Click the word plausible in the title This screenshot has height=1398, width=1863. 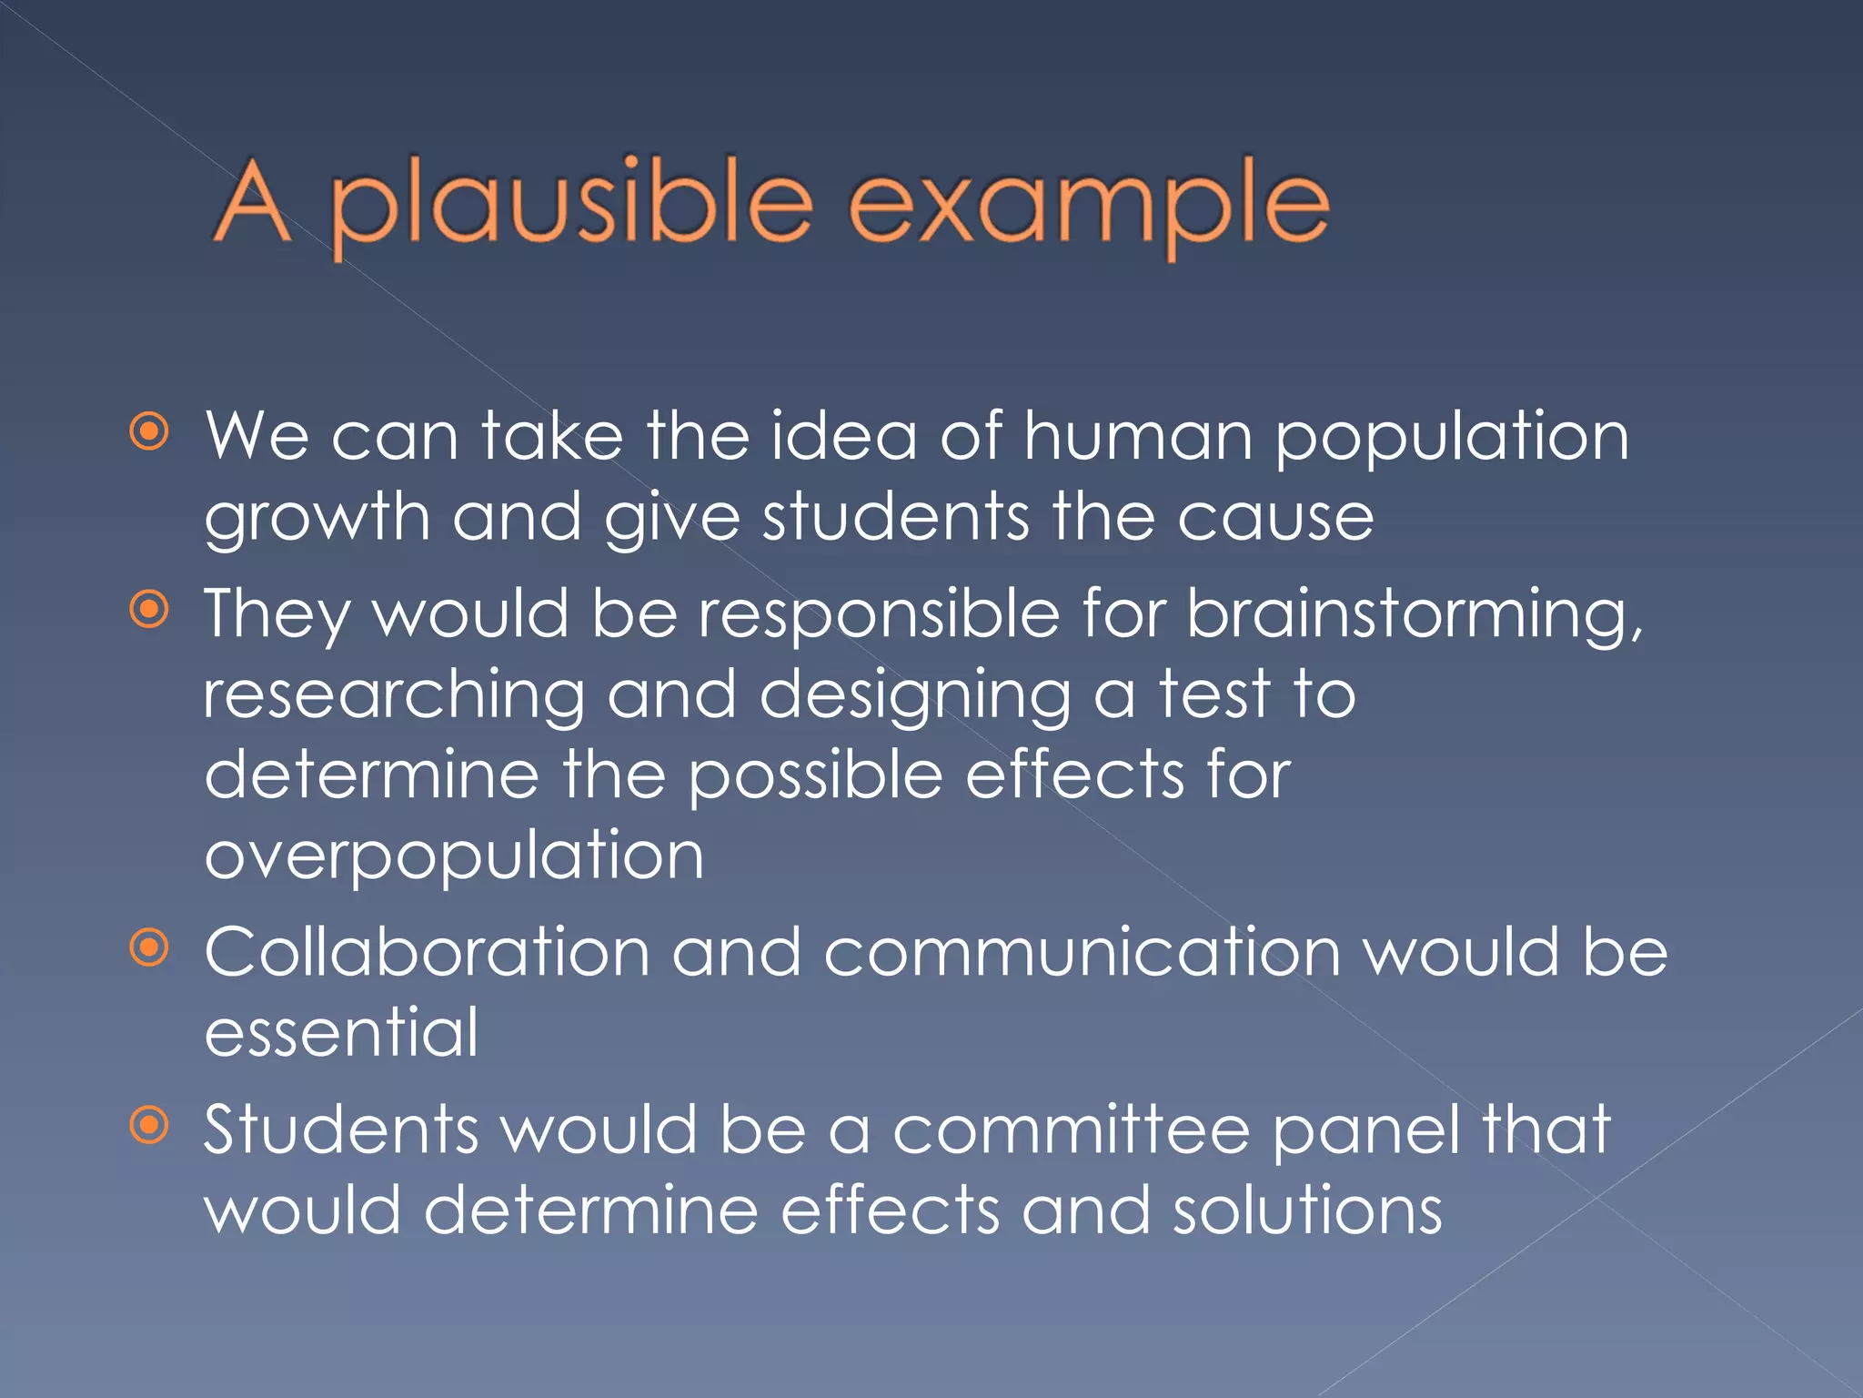tap(571, 205)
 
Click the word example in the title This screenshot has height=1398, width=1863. tap(1088, 205)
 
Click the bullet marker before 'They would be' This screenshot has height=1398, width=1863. tap(149, 609)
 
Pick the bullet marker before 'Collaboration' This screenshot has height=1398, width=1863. tap(149, 948)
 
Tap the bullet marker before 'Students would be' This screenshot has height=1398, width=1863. tap(149, 1125)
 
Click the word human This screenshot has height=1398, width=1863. tap(1138, 436)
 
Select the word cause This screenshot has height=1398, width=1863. tap(1274, 518)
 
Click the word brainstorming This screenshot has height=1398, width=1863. tap(1415, 615)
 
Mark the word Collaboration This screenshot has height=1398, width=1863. tap(427, 952)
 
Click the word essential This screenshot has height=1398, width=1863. tap(341, 1032)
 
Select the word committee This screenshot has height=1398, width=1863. tap(1071, 1130)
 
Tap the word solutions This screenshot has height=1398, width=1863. tap(1306, 1211)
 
